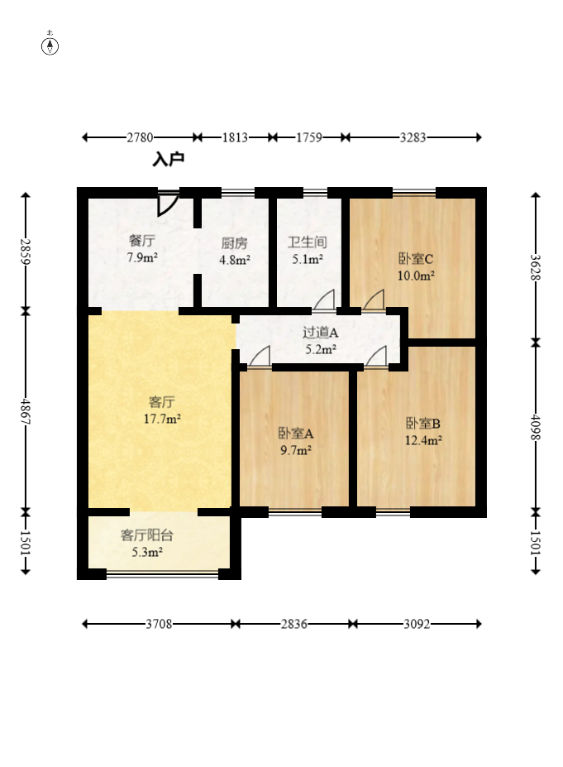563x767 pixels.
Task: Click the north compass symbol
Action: click(x=50, y=44)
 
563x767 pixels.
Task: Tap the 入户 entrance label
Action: click(x=168, y=160)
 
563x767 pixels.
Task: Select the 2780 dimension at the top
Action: click(x=141, y=137)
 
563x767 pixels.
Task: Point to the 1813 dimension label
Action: click(x=235, y=137)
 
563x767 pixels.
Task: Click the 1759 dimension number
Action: click(x=309, y=137)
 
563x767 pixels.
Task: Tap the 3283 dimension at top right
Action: click(x=413, y=137)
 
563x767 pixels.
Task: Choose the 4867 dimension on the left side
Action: click(x=26, y=412)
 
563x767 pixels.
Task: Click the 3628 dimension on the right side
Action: click(x=536, y=267)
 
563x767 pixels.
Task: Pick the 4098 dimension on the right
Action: click(x=536, y=427)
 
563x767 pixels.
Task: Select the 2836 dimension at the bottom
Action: click(x=294, y=624)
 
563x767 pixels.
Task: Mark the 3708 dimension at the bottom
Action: click(x=160, y=624)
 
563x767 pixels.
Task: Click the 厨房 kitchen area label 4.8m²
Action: click(x=235, y=260)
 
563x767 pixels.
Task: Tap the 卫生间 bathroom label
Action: click(x=308, y=242)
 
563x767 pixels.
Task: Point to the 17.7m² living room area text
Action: click(x=162, y=419)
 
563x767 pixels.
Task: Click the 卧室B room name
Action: click(x=423, y=423)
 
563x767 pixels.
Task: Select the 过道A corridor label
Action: click(x=321, y=333)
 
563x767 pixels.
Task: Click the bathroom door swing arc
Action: click(x=324, y=300)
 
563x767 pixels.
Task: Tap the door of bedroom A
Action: click(x=260, y=356)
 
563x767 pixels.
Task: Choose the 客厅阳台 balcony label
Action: click(x=147, y=535)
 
